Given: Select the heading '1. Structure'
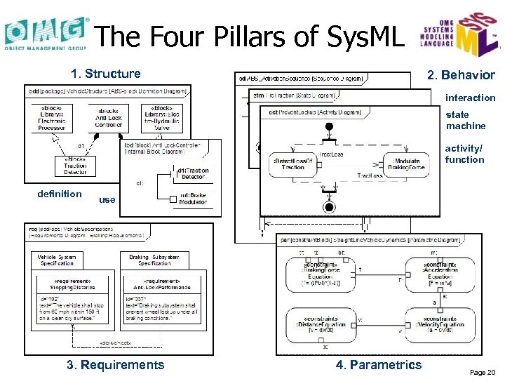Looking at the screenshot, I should (x=106, y=73).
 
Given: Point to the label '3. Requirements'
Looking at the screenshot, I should (x=115, y=364).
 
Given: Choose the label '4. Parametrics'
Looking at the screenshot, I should (x=379, y=364).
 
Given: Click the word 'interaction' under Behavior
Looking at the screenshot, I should (x=470, y=98).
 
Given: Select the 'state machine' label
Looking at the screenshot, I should (x=466, y=120).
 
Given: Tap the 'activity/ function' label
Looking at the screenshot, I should (x=464, y=154).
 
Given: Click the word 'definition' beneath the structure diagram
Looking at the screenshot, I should (x=60, y=194).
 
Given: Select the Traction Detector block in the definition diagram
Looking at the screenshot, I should (x=75, y=166).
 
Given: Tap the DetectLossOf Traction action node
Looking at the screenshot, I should (x=288, y=164).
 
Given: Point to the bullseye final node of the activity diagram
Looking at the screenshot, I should (x=328, y=206).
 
